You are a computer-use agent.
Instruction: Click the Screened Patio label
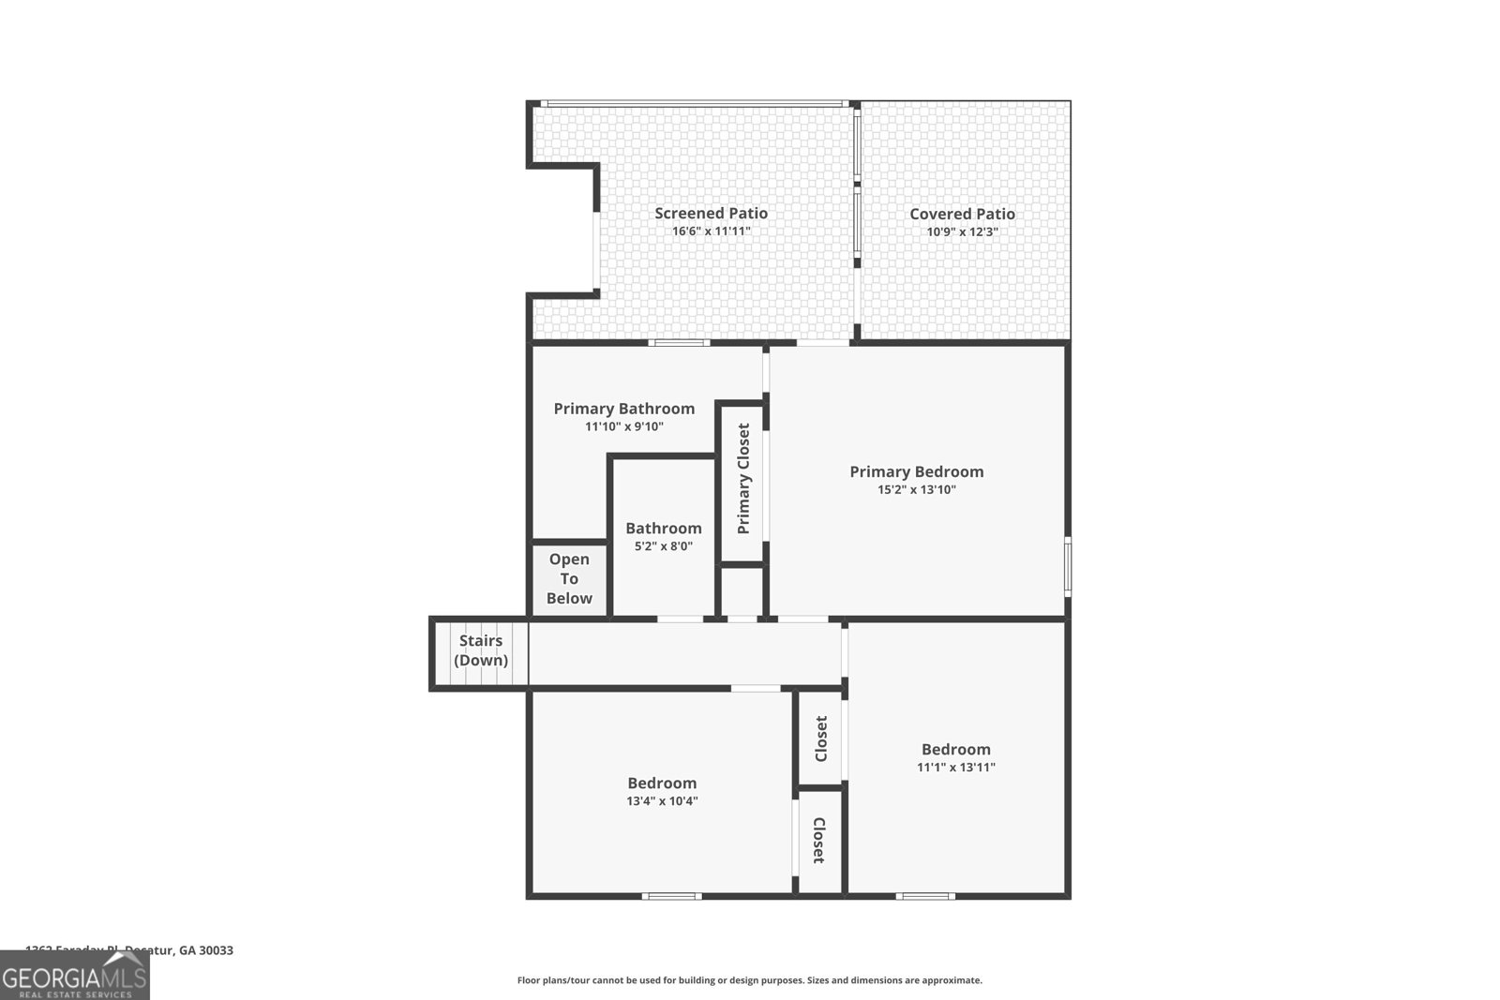(x=711, y=214)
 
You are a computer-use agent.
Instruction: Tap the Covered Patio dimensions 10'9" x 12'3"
(x=962, y=231)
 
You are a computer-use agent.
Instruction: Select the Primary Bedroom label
(x=916, y=471)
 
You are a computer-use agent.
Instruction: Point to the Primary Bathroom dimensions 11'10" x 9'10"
(x=623, y=426)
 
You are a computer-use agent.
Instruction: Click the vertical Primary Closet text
(x=743, y=479)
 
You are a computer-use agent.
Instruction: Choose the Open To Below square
(x=569, y=579)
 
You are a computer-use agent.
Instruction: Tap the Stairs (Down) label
(x=481, y=650)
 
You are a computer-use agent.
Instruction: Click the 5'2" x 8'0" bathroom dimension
(x=663, y=546)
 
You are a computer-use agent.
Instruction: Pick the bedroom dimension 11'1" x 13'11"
(x=955, y=767)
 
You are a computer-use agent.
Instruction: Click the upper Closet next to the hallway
(x=821, y=739)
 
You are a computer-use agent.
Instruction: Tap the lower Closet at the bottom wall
(x=818, y=840)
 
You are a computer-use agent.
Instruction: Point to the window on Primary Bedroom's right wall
(x=1068, y=565)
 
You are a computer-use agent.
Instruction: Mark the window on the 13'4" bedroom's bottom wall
(x=671, y=897)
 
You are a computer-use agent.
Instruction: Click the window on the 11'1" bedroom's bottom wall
(x=925, y=897)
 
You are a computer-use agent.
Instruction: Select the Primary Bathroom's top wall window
(x=681, y=343)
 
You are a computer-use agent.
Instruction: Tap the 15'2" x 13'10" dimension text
(x=916, y=489)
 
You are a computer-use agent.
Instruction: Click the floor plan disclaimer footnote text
(x=749, y=980)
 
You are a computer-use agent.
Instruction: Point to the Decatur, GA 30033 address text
(x=178, y=949)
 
